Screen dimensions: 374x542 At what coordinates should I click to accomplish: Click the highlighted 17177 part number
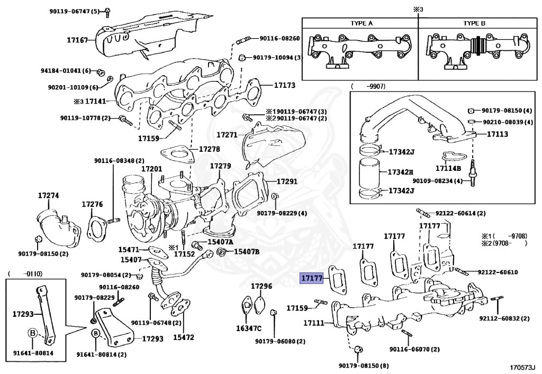(x=311, y=278)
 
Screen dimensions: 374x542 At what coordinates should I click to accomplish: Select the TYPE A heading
(x=362, y=24)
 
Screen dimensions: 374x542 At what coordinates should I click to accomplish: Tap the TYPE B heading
(x=474, y=24)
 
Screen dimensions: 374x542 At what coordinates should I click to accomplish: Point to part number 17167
(x=77, y=40)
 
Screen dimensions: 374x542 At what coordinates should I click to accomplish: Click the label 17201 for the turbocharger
(x=151, y=169)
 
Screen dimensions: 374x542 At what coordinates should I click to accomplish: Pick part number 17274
(x=48, y=195)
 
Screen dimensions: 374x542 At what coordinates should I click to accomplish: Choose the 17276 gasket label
(x=92, y=204)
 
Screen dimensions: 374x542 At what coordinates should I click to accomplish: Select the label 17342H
(x=400, y=172)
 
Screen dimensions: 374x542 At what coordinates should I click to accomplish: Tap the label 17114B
(x=448, y=168)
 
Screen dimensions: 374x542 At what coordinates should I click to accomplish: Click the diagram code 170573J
(x=522, y=366)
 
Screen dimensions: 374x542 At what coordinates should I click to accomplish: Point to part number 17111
(x=314, y=323)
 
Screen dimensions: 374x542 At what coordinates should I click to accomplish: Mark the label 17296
(x=261, y=286)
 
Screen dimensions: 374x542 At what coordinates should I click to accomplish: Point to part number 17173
(x=284, y=85)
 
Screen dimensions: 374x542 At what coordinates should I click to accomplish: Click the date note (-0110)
(x=25, y=273)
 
